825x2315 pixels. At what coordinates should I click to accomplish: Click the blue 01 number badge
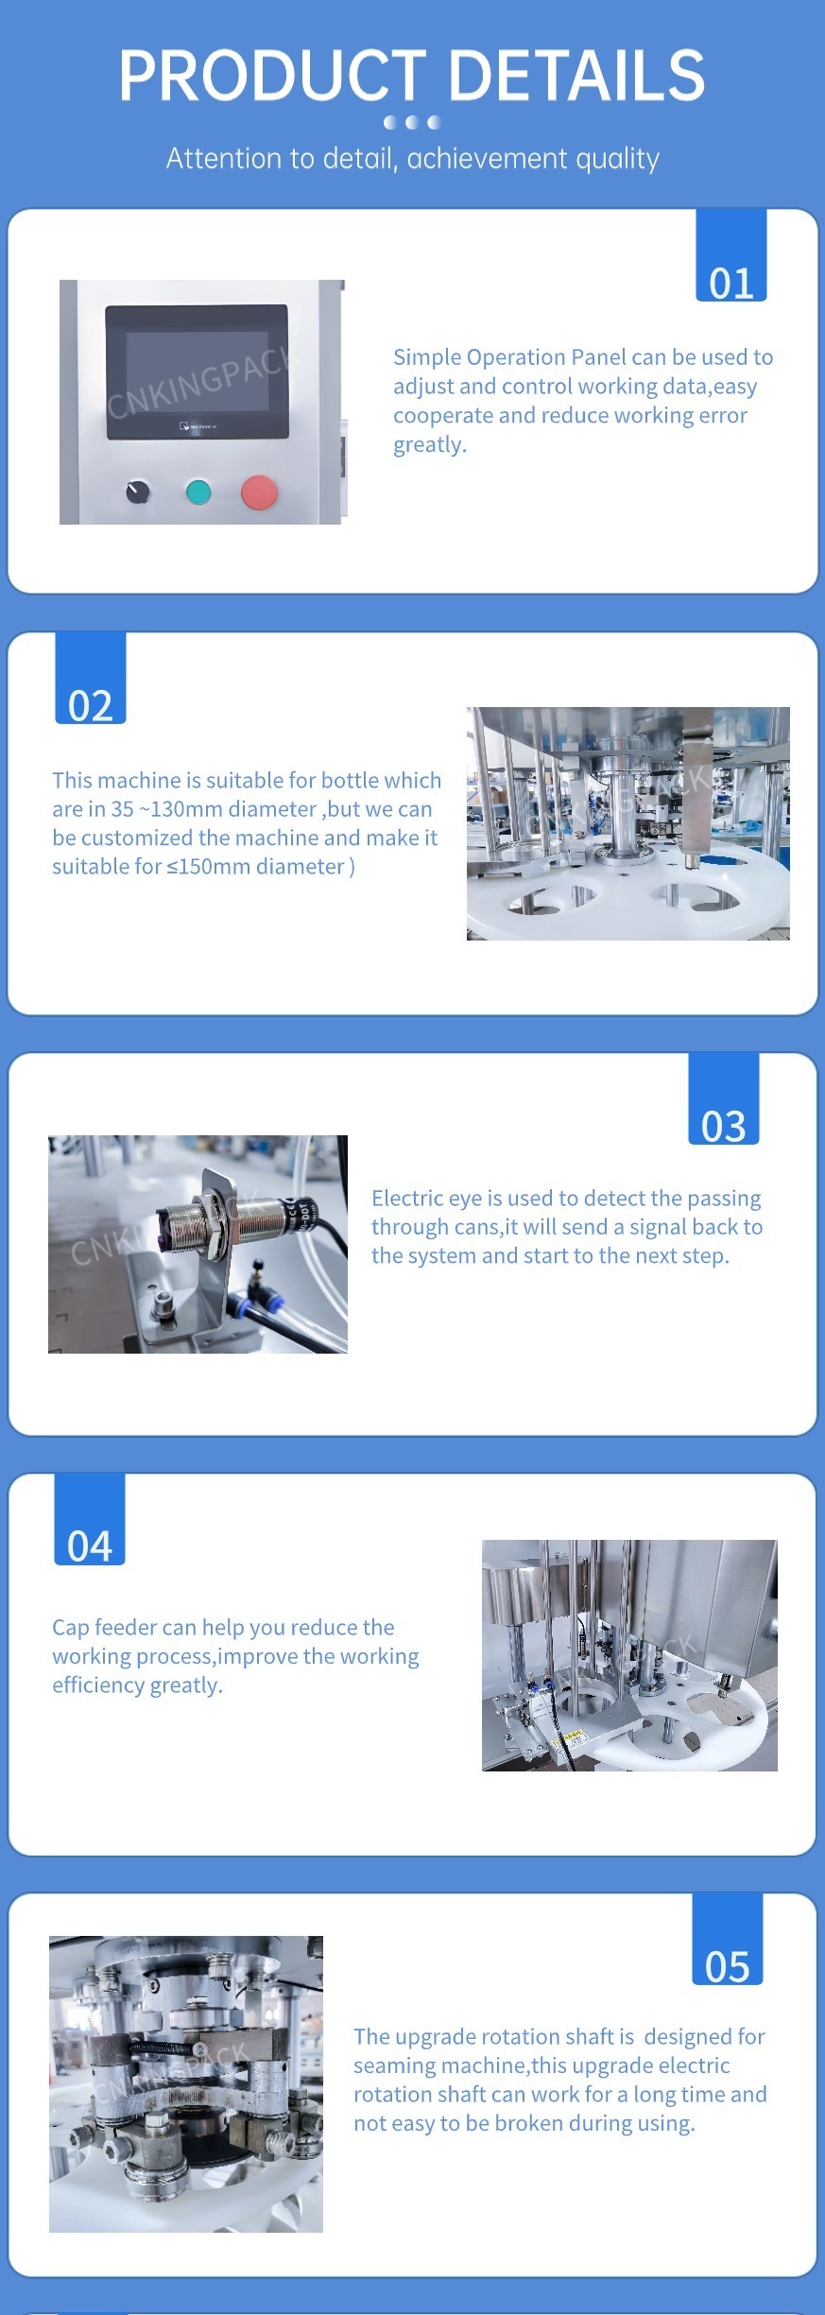[x=731, y=255]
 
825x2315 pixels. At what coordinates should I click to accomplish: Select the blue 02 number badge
[x=91, y=678]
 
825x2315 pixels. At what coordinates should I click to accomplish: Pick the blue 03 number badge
[x=724, y=1098]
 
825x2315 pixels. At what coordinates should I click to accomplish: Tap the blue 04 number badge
[x=90, y=1519]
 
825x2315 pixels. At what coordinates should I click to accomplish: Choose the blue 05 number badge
[x=728, y=1939]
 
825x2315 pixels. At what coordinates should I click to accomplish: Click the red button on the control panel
[x=259, y=492]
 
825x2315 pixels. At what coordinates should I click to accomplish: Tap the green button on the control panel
[x=198, y=492]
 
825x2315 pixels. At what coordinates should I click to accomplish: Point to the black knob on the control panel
[x=138, y=492]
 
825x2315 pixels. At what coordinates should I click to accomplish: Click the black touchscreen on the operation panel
[x=197, y=371]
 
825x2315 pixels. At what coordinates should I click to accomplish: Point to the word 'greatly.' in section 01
[x=430, y=445]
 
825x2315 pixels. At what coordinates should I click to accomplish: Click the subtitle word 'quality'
[x=617, y=159]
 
